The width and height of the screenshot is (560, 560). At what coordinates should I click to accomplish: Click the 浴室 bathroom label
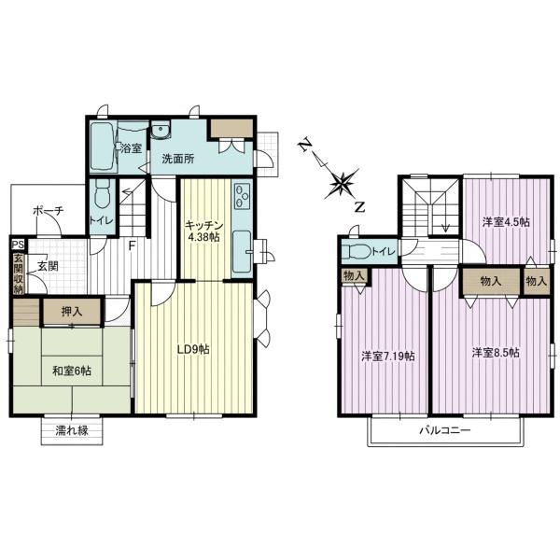tap(132, 148)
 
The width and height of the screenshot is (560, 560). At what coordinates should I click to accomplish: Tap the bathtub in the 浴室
tap(102, 147)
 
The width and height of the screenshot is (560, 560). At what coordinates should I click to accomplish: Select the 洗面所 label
tap(178, 159)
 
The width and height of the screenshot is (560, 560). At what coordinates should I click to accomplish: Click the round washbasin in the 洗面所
tap(161, 130)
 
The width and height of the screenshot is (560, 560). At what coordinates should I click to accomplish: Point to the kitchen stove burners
tap(242, 196)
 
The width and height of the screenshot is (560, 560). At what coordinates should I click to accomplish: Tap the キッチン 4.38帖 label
tap(203, 231)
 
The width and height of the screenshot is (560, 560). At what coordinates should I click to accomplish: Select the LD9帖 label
tap(193, 349)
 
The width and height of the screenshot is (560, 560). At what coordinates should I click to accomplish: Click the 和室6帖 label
tap(72, 371)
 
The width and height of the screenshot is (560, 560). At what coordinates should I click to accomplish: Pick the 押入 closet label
tap(72, 312)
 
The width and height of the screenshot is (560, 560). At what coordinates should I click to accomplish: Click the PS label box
tap(18, 245)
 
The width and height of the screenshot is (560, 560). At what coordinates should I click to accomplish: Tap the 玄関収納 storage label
tap(18, 273)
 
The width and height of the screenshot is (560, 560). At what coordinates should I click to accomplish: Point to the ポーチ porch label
tap(49, 211)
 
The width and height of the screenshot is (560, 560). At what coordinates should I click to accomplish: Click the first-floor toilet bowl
tap(103, 194)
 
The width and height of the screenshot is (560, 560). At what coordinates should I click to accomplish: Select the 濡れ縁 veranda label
tap(72, 430)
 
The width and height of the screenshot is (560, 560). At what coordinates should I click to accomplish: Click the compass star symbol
tap(343, 184)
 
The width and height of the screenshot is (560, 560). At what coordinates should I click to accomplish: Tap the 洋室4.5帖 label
tap(506, 222)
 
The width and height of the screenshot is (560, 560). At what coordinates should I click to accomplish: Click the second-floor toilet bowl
tap(357, 252)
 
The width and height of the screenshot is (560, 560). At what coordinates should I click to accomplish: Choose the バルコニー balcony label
tap(445, 429)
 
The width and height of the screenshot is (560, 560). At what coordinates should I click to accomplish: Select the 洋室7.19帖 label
tap(388, 357)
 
